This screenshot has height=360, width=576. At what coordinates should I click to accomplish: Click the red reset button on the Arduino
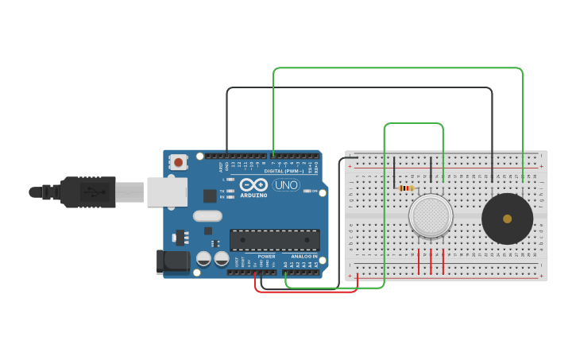pos(178,162)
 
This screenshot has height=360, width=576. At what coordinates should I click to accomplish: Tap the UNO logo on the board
pos(285,185)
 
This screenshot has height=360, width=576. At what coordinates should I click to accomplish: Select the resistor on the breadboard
pos(406,188)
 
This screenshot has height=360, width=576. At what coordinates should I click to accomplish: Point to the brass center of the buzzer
pos(507,218)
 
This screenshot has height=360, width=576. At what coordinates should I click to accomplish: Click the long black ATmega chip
pos(275,239)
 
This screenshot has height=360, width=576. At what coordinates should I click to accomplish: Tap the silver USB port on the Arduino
pos(167,192)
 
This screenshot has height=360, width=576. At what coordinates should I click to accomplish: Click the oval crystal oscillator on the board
pos(207,215)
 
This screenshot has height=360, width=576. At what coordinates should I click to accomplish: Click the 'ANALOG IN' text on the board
pos(303,257)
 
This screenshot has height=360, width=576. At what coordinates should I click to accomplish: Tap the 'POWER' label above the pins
pos(267,257)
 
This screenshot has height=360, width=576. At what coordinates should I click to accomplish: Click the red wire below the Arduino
pos(306,292)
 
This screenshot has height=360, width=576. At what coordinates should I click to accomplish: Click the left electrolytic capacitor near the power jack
pos(204,259)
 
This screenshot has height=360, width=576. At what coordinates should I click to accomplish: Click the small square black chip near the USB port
pos(210,195)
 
